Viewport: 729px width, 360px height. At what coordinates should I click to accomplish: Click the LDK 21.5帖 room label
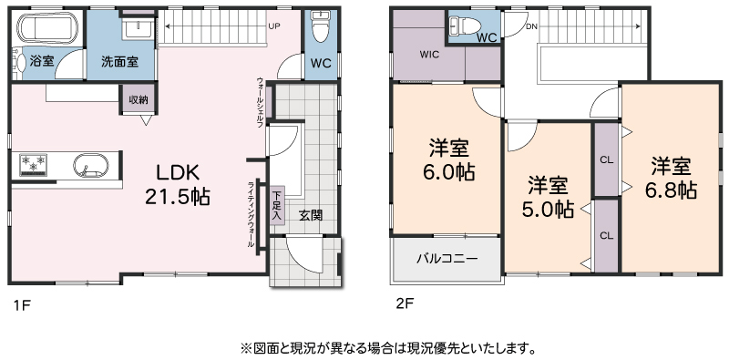tap(177, 185)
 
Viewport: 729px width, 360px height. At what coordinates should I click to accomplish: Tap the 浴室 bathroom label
tap(41, 61)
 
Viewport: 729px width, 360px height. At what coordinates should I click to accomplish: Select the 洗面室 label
tap(119, 61)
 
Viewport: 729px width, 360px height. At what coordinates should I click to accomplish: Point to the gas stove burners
tap(33, 164)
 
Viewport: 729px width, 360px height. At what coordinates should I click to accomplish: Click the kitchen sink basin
tap(90, 165)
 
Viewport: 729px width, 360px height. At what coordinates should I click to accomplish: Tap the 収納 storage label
tap(139, 99)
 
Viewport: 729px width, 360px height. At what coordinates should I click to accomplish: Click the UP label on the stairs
tap(274, 26)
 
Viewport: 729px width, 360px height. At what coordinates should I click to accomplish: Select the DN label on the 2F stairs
tap(531, 26)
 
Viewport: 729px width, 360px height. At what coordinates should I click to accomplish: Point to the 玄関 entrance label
tap(311, 215)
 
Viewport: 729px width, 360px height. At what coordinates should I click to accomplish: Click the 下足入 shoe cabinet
tap(277, 206)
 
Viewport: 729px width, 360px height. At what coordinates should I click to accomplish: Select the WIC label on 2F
tap(429, 55)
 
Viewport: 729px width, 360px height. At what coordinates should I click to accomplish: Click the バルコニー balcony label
tap(447, 258)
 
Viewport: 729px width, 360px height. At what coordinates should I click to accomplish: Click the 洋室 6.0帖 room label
tap(448, 160)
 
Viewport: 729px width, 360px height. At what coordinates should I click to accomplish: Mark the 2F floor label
tap(405, 303)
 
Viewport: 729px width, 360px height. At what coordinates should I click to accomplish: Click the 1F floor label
tap(21, 305)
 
